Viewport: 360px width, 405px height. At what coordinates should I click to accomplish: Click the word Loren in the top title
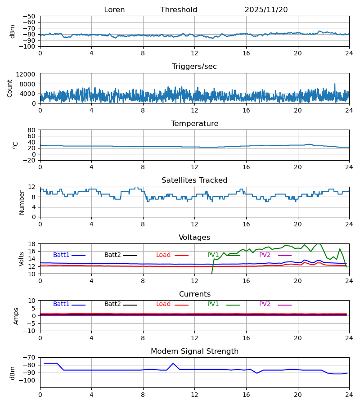[114, 10]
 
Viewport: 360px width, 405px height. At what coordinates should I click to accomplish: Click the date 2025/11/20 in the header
[266, 10]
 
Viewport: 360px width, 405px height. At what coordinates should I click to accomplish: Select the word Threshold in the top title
[179, 10]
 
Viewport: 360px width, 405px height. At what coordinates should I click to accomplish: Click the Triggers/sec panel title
[194, 67]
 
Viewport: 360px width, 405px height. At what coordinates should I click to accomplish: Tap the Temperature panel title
[194, 124]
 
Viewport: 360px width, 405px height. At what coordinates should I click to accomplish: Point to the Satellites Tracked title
[194, 180]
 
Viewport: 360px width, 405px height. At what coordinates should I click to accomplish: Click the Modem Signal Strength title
[194, 351]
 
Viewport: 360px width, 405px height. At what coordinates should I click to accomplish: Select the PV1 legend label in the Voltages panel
[213, 255]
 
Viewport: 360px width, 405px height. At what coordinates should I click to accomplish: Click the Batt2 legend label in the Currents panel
[112, 304]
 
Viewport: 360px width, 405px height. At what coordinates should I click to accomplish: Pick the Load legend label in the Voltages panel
[163, 255]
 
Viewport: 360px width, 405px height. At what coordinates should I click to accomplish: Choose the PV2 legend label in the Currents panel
[265, 304]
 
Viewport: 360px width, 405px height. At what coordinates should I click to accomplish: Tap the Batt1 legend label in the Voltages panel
[61, 255]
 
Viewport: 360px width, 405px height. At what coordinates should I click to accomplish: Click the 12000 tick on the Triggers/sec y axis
[27, 74]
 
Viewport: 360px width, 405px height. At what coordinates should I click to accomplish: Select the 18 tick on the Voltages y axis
[31, 244]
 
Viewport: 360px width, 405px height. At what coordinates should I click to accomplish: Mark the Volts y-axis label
[22, 259]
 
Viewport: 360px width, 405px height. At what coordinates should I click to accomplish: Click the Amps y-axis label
[17, 316]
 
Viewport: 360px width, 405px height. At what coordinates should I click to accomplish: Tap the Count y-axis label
[10, 88]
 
